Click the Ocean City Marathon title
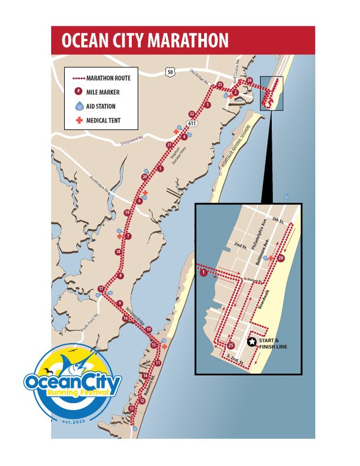(145, 41)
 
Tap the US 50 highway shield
(170, 72)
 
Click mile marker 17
(102, 289)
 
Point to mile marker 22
(191, 114)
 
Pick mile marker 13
(132, 408)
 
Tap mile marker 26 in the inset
(281, 258)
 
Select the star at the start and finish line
(252, 342)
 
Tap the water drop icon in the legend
(79, 106)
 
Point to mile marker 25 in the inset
(231, 345)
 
